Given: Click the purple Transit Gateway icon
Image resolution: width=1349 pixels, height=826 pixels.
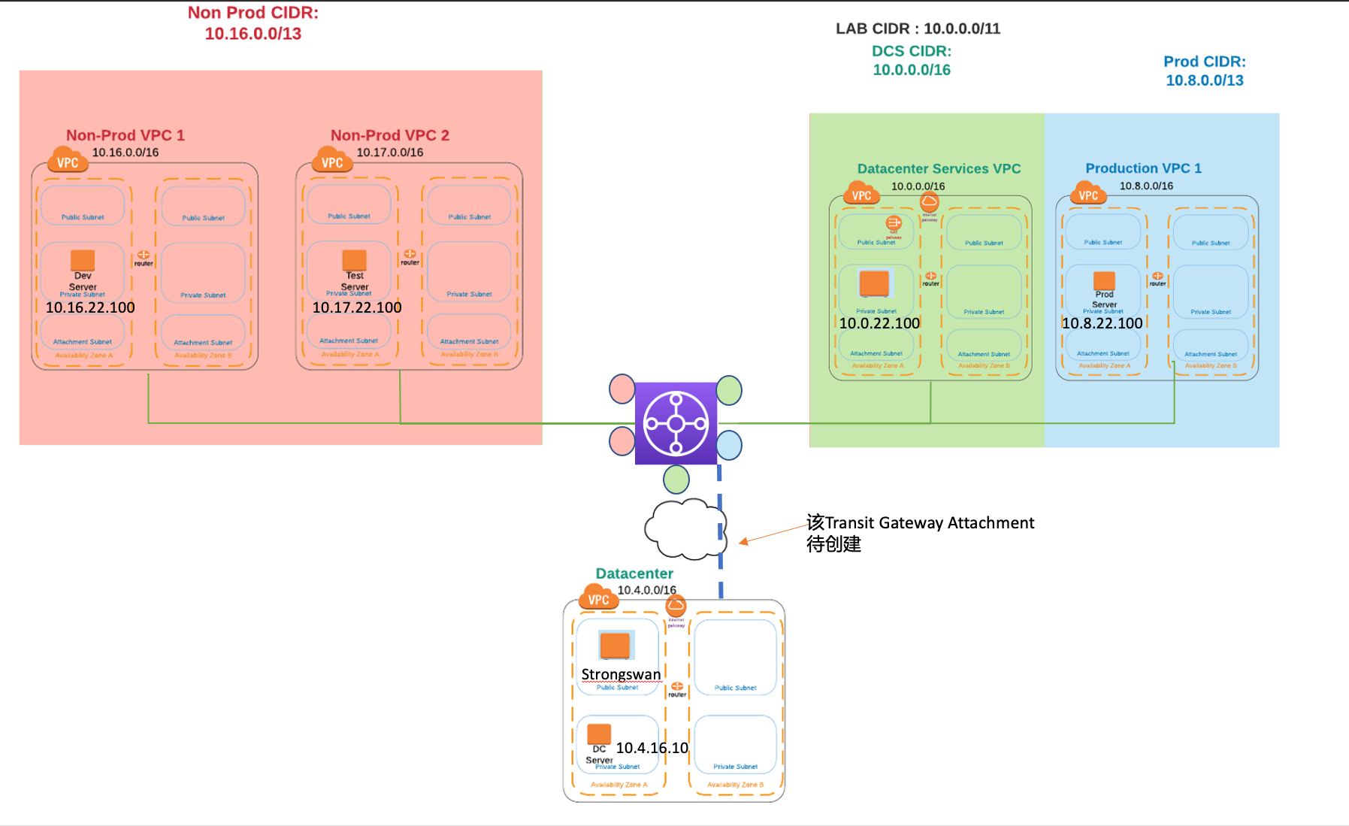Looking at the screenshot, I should click(x=676, y=423).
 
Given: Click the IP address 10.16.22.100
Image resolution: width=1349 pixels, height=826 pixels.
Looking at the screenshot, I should click(x=90, y=307).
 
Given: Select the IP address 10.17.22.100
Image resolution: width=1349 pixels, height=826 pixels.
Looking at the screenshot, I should click(x=357, y=307).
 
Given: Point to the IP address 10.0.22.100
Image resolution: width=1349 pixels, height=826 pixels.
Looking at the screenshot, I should click(x=879, y=323).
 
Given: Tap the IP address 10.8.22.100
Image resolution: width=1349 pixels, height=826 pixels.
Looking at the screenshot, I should click(x=1102, y=323).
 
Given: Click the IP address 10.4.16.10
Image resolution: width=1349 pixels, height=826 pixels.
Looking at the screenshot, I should click(x=652, y=748).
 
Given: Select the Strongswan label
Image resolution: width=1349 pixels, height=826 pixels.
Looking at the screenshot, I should click(x=621, y=674).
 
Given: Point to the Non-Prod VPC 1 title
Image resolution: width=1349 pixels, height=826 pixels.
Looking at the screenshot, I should click(x=125, y=135).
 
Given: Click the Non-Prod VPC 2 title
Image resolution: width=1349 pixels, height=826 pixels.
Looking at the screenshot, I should click(x=389, y=135).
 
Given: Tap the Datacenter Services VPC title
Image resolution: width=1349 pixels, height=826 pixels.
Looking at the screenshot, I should click(x=939, y=168).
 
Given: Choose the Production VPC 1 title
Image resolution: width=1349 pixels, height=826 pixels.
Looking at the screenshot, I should click(x=1143, y=168).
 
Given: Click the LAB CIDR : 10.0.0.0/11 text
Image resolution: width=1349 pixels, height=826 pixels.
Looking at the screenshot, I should click(x=918, y=29).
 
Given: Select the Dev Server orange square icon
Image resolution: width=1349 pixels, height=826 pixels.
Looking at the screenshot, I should click(x=83, y=260).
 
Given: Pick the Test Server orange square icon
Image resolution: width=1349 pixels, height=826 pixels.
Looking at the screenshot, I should click(x=355, y=260).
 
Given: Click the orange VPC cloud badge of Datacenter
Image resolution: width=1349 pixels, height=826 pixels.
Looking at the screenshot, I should click(x=598, y=598).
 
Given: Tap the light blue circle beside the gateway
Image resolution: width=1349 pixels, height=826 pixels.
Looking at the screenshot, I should click(x=728, y=445).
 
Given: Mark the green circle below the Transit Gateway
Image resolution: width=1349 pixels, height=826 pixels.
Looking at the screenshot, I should click(x=676, y=479).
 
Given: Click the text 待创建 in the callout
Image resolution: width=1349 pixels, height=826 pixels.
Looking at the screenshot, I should click(x=833, y=544).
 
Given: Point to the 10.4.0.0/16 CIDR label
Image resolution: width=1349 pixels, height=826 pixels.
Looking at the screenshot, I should click(x=646, y=590).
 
